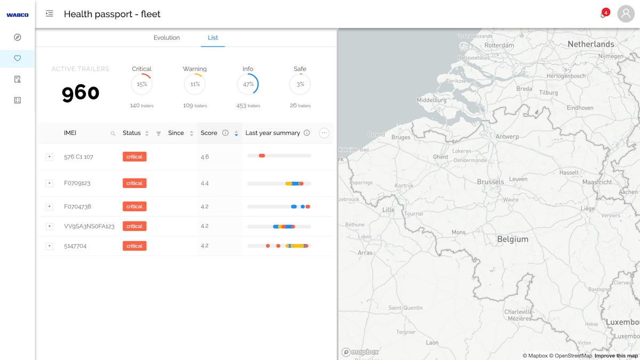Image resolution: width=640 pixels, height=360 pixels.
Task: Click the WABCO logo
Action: pos(17,15)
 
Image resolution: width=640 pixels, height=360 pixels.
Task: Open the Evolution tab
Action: pos(166,38)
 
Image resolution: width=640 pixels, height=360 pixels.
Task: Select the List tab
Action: pos(213,38)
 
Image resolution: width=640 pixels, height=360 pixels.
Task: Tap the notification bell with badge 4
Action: pos(603,14)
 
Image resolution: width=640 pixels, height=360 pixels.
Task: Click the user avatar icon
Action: pos(626,14)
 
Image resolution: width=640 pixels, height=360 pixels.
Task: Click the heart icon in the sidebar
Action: pos(18,58)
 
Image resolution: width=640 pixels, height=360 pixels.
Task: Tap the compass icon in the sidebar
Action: pos(18,37)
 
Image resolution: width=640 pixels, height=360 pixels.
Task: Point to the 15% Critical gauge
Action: pos(141,84)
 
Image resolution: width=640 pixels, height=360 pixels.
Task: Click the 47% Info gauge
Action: pos(247,84)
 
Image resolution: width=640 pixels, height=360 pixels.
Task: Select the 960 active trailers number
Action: pos(81,93)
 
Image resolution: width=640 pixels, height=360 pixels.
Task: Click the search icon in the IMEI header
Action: pos(113,133)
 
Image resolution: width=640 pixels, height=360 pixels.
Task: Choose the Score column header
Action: pos(209,133)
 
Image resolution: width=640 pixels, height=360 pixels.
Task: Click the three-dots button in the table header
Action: pos(324,133)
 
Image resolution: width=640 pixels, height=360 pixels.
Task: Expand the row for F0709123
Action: pos(50,183)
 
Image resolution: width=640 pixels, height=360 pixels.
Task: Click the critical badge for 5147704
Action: pos(134,246)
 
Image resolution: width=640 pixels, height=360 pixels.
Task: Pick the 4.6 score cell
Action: pos(205,157)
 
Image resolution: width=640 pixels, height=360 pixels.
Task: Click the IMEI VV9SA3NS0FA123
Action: pos(89,226)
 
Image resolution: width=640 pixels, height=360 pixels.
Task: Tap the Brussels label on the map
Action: pos(490,182)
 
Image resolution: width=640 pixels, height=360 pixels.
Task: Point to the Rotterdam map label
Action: pos(499,45)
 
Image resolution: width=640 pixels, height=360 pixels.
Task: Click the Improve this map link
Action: pos(616,356)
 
